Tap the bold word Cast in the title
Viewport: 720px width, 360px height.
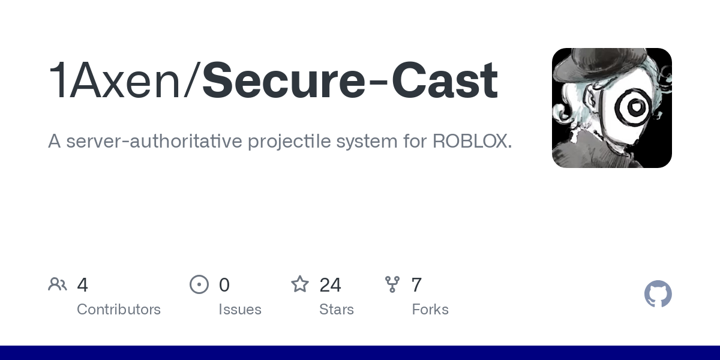click(x=439, y=81)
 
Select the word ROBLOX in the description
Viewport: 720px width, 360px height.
click(x=471, y=142)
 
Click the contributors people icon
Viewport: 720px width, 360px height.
click(x=58, y=284)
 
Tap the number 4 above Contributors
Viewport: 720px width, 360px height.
click(x=83, y=285)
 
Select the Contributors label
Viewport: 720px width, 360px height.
click(x=119, y=310)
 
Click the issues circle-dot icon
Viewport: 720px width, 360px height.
click(x=199, y=284)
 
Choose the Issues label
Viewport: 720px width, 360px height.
click(x=240, y=310)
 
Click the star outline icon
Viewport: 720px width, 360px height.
click(x=300, y=284)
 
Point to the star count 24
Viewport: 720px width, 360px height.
click(x=330, y=285)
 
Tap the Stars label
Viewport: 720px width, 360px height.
click(x=337, y=310)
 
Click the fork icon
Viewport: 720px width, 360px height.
click(x=392, y=284)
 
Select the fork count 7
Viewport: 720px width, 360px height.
click(x=416, y=285)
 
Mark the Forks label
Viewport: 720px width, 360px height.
click(x=430, y=310)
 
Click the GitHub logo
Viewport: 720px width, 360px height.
click(x=658, y=294)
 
